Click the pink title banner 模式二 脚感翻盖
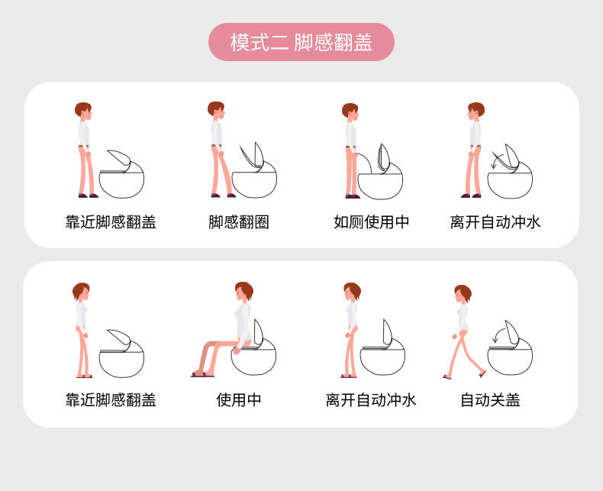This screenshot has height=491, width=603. coord(301,42)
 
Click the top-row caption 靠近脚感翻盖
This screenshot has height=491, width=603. coord(111,222)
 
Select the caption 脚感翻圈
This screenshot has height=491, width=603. coord(239,222)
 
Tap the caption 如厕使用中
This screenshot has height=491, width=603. coord(371,222)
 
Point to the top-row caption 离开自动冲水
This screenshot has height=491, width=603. coord(495,222)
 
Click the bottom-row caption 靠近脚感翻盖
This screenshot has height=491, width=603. coord(111,400)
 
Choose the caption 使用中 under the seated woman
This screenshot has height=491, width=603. coord(239,400)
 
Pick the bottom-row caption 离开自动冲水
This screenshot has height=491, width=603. coord(371,400)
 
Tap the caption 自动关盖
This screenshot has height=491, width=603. coord(490,400)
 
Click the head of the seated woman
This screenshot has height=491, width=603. coord(243,291)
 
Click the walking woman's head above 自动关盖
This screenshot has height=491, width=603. coord(463,294)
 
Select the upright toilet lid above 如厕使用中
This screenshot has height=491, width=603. coord(384,158)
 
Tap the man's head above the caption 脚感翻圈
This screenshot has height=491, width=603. coord(216,111)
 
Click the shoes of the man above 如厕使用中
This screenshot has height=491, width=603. coord(353,197)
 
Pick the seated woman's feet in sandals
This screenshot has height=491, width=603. coord(203,374)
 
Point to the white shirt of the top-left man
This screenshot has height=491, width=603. coord(84,134)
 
